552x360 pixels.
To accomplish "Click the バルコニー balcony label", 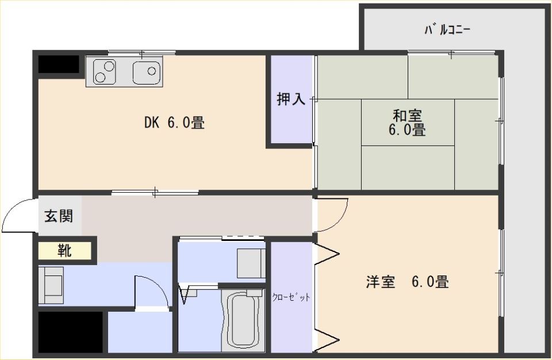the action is coord(447,29).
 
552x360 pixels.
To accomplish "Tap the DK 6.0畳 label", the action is coord(174,122).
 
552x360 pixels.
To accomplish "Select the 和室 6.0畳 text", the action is coord(407,123).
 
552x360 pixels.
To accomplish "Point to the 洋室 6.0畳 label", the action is coord(407,282).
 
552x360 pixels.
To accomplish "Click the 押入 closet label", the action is coord(291,99).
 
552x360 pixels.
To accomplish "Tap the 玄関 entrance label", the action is coord(59,216).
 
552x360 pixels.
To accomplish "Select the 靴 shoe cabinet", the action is coord(65,251).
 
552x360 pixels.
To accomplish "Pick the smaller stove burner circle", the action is coord(100,78).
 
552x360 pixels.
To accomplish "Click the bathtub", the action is coord(243,320).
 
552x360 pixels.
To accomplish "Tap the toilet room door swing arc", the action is coord(161,285).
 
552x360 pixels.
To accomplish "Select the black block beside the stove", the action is coord(59,64).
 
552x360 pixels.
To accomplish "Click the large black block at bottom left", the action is coord(70,332).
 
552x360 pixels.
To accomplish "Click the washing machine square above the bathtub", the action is coord(251,263).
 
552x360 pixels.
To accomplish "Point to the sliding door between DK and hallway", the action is coord(155,193).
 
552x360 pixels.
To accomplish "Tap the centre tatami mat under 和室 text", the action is coord(408,122).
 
